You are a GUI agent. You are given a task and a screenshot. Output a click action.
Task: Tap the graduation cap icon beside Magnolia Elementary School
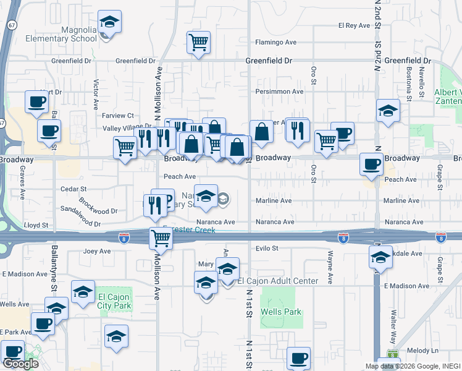pyautogui.click(x=109, y=23)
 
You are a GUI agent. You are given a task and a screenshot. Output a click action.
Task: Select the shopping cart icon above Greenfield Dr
pyautogui.click(x=199, y=43)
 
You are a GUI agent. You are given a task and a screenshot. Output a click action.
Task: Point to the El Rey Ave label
pyautogui.click(x=353, y=25)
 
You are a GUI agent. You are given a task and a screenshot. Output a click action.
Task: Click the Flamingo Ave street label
pyautogui.click(x=277, y=43)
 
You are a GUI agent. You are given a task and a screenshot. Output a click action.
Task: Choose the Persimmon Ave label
pyautogui.click(x=280, y=92)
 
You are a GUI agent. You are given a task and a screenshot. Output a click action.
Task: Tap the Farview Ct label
pyautogui.click(x=117, y=116)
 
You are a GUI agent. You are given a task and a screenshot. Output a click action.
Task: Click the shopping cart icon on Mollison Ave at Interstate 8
pyautogui.click(x=161, y=237)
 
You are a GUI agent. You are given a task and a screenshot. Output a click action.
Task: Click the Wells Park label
pyautogui.click(x=281, y=312)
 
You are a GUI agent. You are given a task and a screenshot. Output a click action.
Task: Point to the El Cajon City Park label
pyautogui.click(x=114, y=301)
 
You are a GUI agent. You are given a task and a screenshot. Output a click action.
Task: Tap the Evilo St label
pyautogui.click(x=267, y=248)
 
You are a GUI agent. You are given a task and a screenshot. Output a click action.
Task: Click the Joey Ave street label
pyautogui.click(x=96, y=252)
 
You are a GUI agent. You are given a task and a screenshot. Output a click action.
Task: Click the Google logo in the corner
pyautogui.click(x=20, y=363)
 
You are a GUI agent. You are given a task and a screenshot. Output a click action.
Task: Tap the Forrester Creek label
pyautogui.click(x=191, y=230)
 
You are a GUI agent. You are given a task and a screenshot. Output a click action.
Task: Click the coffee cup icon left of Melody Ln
pyautogui.click(x=298, y=358)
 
